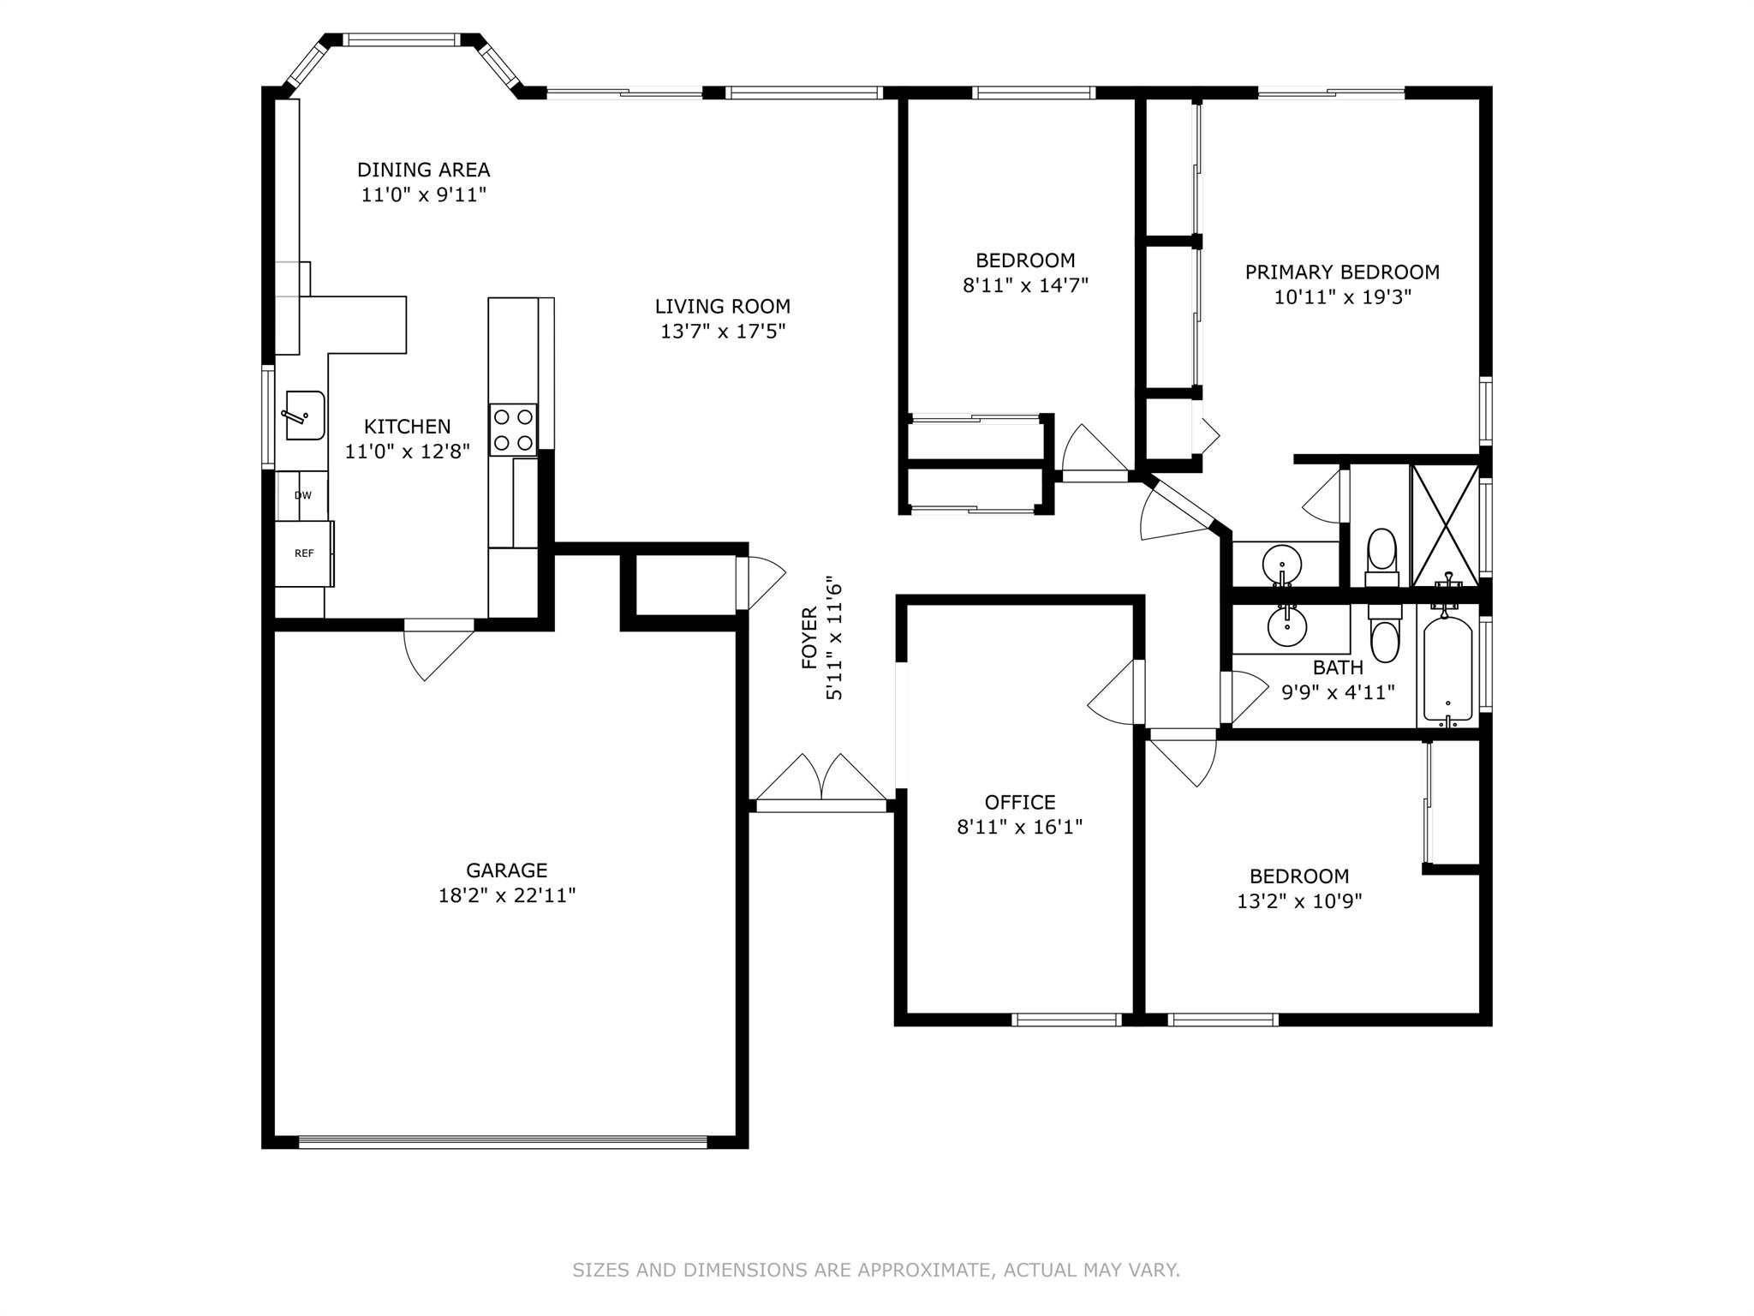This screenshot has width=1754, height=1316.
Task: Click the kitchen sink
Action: click(x=305, y=416)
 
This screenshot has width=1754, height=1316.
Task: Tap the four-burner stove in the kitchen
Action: click(x=513, y=429)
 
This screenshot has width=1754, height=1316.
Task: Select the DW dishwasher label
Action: click(x=303, y=495)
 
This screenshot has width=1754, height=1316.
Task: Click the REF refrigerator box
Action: click(x=304, y=553)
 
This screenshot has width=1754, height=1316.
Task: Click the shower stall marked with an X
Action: click(x=1446, y=524)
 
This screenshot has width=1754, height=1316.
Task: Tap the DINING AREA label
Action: click(x=423, y=170)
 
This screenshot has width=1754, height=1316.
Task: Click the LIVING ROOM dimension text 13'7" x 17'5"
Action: click(x=723, y=331)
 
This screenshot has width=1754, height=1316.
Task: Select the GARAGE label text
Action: click(x=507, y=870)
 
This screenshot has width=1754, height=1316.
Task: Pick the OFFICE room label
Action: click(x=1020, y=802)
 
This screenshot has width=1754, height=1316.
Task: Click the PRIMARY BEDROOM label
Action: click(x=1342, y=272)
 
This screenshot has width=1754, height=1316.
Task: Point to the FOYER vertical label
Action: click(x=809, y=638)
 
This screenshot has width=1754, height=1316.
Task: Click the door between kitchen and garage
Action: click(x=437, y=649)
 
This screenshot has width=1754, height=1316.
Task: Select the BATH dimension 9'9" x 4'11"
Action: click(x=1338, y=691)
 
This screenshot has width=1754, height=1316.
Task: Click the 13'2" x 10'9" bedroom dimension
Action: click(x=1299, y=901)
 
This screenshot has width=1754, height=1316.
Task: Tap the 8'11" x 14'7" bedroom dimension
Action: click(x=1025, y=284)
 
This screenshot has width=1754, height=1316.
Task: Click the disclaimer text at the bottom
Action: click(x=876, y=1269)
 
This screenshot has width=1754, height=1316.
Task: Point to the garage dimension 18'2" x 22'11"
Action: click(x=507, y=895)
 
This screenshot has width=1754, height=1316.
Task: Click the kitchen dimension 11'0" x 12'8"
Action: click(x=408, y=451)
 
